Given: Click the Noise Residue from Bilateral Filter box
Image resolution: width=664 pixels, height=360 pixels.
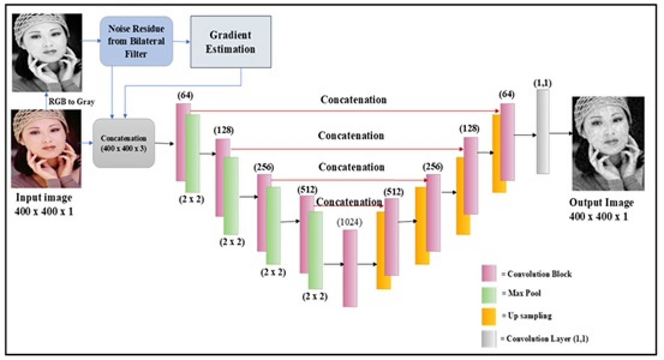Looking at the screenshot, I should click(136, 41).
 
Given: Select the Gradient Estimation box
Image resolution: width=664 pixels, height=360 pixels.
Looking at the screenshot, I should click(230, 42).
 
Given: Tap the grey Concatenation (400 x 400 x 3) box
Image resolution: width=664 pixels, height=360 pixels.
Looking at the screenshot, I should click(124, 143).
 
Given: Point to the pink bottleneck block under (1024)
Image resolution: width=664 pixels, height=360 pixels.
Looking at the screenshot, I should click(350, 268).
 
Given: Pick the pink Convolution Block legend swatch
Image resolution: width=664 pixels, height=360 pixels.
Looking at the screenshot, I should click(489, 274).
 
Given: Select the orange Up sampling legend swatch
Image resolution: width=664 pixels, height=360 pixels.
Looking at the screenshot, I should click(489, 316).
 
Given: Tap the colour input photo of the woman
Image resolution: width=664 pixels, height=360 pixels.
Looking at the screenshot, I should click(46, 148).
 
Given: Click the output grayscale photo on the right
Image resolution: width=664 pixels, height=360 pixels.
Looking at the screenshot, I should click(608, 144).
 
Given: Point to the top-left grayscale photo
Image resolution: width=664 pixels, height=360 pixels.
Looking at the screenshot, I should click(47, 51).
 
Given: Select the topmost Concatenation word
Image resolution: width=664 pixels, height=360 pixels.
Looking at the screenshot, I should click(353, 100).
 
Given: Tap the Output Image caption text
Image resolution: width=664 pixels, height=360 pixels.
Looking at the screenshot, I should click(601, 202).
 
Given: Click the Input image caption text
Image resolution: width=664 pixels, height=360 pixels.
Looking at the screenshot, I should click(44, 197).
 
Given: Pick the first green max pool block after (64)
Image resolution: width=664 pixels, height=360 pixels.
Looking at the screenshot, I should click(193, 153).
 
